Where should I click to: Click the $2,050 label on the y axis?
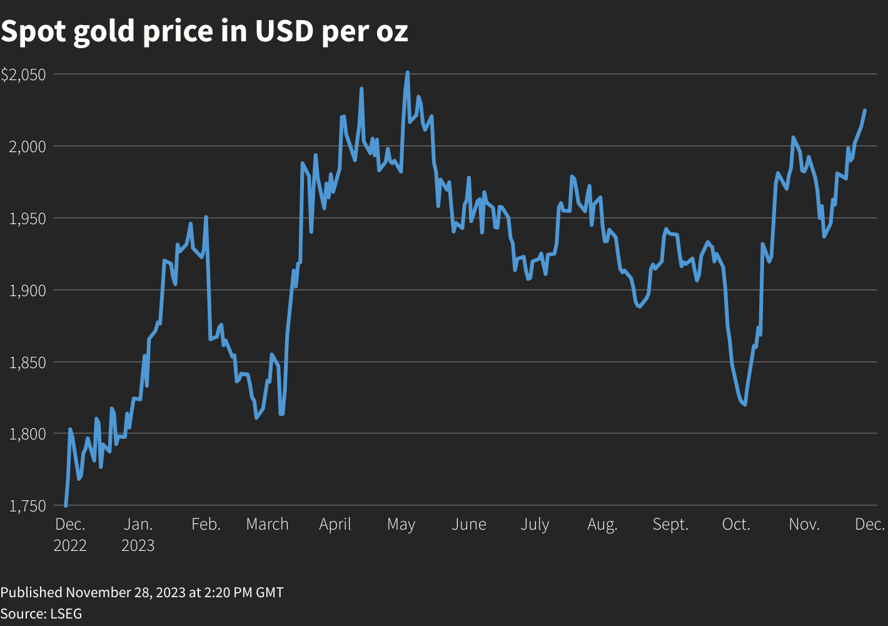pos(23,74)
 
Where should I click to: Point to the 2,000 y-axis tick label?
pos(28,146)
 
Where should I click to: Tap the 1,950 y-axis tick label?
pos(28,218)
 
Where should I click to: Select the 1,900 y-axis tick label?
pos(28,290)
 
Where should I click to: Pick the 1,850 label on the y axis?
pos(28,362)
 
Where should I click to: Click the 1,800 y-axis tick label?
pos(28,434)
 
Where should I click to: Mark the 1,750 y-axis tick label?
pos(28,506)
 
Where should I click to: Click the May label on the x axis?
pos(401,525)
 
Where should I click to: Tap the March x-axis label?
pos(267,525)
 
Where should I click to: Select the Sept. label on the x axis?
pos(670,525)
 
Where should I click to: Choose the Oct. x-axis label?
pos(736,525)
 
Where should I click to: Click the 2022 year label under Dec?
pos(70,546)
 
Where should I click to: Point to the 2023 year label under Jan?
pos(138,546)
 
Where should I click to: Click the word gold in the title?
pos(104,31)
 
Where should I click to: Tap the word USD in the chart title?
pos(284,31)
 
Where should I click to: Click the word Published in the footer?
pos(31,592)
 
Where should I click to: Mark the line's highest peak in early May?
pos(407,73)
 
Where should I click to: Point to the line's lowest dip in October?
pos(745,404)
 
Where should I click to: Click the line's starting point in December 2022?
pos(66,505)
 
